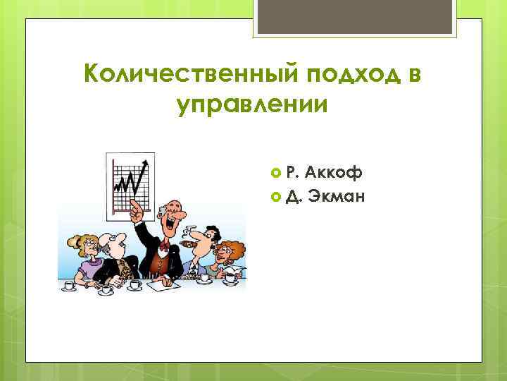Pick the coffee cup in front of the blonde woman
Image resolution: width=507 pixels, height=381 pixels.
[x=70, y=285]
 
